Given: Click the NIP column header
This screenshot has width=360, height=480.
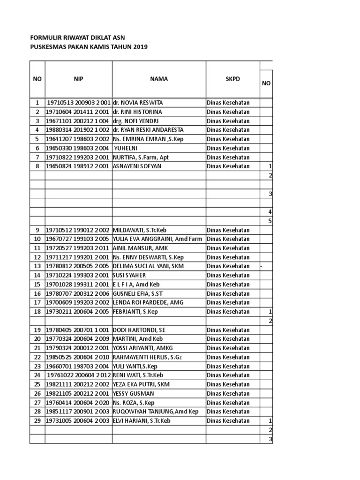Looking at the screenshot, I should (x=78, y=79).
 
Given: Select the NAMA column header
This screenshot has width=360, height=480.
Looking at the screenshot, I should (x=159, y=79).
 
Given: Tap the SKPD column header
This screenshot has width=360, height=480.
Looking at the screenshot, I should (x=232, y=79).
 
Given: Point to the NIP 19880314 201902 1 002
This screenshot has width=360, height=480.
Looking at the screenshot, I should (x=78, y=130).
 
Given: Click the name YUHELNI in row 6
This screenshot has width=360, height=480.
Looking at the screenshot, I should (x=127, y=148).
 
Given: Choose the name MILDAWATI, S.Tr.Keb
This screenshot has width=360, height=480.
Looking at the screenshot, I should (x=139, y=230).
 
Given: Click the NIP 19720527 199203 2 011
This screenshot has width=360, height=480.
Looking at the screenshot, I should (x=78, y=248).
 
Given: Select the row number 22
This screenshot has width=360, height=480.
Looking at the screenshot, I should (x=37, y=357).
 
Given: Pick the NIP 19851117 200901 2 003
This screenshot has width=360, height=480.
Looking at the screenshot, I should (x=78, y=412).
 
